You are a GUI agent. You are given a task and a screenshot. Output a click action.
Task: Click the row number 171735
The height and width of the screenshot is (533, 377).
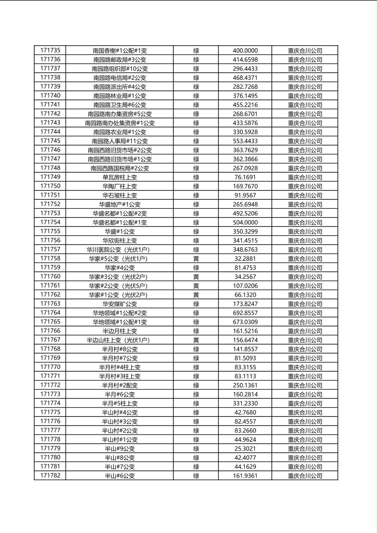click(50, 50)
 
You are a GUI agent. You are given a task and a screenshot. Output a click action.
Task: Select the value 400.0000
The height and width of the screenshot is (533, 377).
click(245, 51)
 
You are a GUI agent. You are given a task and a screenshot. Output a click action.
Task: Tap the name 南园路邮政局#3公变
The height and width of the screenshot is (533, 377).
click(120, 60)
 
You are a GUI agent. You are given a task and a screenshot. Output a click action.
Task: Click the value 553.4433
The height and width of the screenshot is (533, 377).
click(245, 141)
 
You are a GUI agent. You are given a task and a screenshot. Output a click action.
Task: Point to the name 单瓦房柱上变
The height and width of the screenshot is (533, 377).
click(120, 177)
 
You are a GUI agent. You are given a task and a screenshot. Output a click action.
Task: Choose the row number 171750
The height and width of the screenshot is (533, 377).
click(50, 186)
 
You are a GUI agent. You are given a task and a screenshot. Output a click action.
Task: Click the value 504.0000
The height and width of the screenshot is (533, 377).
click(245, 223)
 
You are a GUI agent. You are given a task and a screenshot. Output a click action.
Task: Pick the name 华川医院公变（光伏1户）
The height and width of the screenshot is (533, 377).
click(120, 250)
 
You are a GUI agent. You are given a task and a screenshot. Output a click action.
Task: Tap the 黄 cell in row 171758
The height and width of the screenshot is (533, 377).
click(196, 258)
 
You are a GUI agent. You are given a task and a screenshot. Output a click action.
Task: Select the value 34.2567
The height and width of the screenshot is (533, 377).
click(245, 277)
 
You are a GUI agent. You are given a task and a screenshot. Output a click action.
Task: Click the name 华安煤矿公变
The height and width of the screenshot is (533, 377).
click(120, 304)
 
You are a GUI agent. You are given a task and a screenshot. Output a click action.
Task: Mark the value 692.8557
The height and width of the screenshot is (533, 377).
click(245, 313)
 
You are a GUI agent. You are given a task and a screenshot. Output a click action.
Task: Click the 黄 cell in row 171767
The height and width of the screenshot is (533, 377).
click(196, 340)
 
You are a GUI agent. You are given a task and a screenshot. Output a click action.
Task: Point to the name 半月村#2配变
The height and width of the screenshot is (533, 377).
click(120, 385)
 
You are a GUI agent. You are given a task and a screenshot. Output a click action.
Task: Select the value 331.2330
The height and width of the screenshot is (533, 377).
click(245, 403)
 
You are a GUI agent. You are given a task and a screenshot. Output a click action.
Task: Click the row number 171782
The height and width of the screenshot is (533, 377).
click(50, 476)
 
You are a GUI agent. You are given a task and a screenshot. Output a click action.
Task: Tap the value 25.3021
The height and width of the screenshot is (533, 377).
click(245, 449)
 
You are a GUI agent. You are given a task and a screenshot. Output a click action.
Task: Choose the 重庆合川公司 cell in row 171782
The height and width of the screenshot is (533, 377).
click(305, 476)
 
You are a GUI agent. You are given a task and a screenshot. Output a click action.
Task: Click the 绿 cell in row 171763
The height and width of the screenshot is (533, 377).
click(196, 304)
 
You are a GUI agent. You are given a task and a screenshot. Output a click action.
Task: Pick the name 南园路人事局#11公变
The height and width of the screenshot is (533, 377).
click(120, 141)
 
